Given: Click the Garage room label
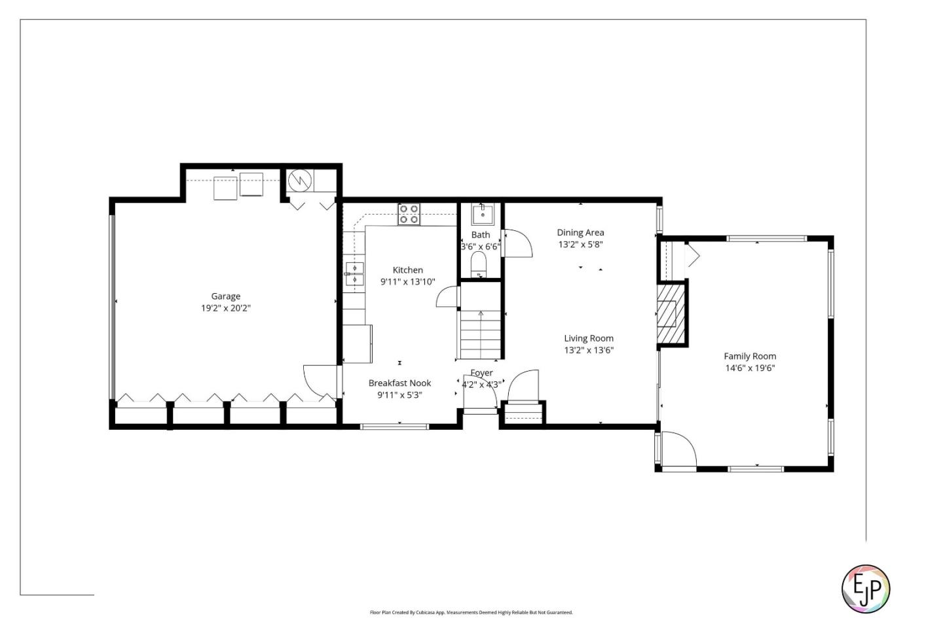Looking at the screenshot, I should [x=225, y=296].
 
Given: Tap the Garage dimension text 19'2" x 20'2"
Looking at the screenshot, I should [x=225, y=308].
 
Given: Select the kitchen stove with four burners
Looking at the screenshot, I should [x=409, y=214].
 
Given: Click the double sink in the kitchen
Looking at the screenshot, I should [x=354, y=274].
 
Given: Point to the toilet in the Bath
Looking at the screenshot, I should [x=479, y=264].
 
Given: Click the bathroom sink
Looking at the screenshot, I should [x=483, y=214].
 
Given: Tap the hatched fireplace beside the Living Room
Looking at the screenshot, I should [x=669, y=314].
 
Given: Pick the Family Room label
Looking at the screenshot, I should [x=750, y=357].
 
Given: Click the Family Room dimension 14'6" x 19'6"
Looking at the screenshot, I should [x=750, y=368].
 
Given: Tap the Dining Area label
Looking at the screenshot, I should [x=580, y=233].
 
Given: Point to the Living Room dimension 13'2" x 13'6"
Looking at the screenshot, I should [x=589, y=350].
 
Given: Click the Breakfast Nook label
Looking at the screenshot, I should [x=399, y=383].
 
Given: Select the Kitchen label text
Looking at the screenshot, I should [x=407, y=270].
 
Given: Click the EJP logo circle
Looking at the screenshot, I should [x=865, y=589].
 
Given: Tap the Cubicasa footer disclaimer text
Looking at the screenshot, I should [x=471, y=613].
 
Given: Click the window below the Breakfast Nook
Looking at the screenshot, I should [x=394, y=427].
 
